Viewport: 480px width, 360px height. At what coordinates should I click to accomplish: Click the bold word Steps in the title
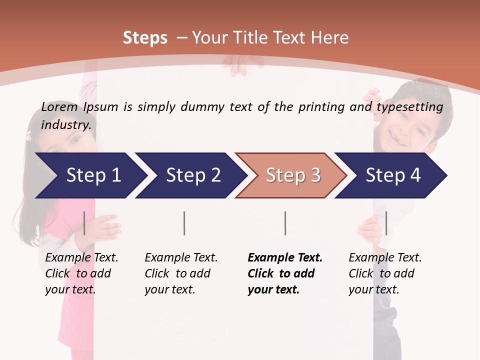[x=145, y=38]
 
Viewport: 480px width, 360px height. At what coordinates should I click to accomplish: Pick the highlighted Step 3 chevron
[x=293, y=175]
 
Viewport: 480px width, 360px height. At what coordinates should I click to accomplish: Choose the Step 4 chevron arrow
[x=393, y=175]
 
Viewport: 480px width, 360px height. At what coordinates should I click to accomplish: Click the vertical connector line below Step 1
[x=84, y=223]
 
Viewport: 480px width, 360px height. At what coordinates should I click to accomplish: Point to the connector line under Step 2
[x=184, y=223]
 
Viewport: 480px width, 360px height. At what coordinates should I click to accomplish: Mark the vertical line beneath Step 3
[x=285, y=223]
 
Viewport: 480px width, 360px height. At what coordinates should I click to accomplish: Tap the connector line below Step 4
[x=386, y=223]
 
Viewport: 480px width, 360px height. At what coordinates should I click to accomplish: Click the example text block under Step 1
[x=81, y=273]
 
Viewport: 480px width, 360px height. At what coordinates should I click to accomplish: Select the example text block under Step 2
[x=181, y=273]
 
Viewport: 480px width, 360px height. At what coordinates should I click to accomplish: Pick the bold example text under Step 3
[x=285, y=273]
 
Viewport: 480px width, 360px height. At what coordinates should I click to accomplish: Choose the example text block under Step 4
[x=385, y=273]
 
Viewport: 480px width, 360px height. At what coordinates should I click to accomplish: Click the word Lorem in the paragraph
[x=59, y=106]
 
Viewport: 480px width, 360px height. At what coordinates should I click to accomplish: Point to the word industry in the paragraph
[x=66, y=124]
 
